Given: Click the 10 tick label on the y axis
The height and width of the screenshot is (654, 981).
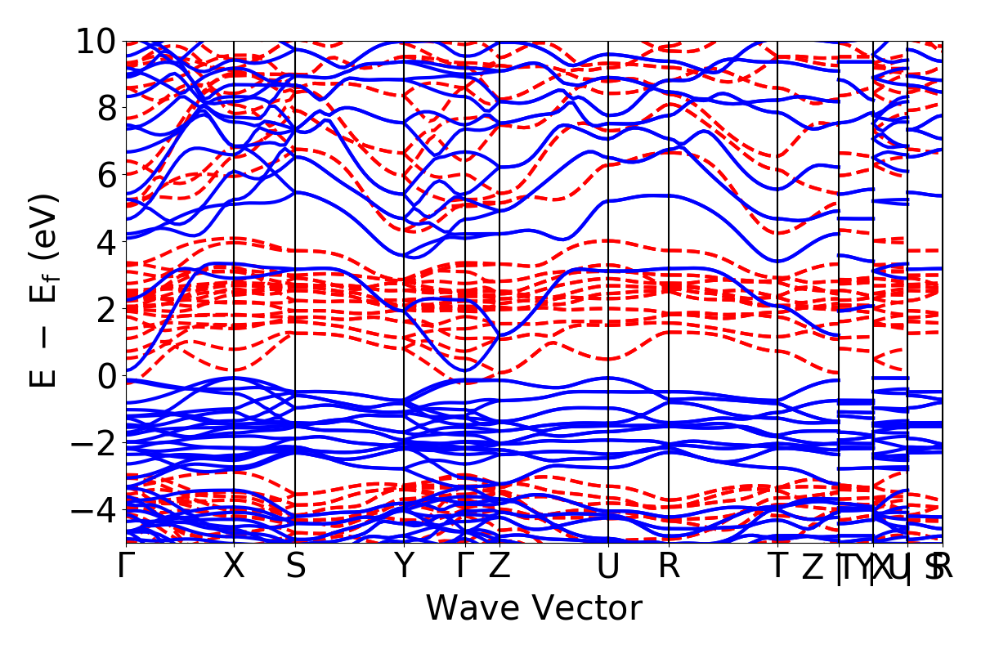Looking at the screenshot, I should click(96, 41).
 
